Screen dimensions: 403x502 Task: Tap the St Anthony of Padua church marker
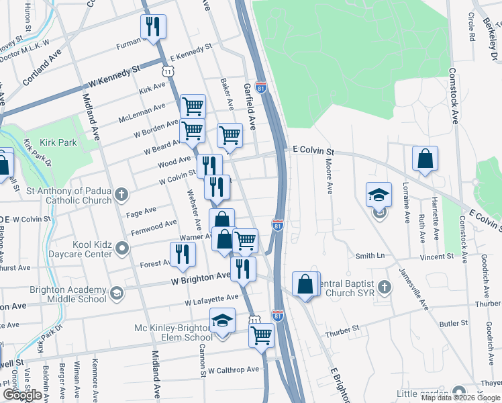(x=121, y=195)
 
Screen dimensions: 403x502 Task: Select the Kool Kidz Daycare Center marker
(x=121, y=249)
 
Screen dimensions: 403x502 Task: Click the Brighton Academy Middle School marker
(x=117, y=294)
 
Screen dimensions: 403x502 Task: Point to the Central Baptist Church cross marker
(x=385, y=287)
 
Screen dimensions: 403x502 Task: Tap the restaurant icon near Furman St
(x=153, y=27)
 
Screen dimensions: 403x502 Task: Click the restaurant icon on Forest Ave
(x=182, y=254)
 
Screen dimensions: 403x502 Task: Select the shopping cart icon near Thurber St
(x=261, y=334)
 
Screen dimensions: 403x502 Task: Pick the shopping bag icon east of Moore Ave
(x=425, y=159)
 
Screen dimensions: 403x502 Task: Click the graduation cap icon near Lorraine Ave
(x=379, y=195)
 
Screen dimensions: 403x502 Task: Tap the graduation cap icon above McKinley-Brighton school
(x=222, y=321)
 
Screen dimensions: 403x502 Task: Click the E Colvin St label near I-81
(x=313, y=151)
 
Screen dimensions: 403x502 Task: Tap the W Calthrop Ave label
(x=233, y=370)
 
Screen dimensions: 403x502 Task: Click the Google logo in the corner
(x=22, y=395)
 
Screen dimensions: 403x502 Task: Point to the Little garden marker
(x=458, y=392)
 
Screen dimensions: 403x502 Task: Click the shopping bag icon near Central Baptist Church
(x=305, y=283)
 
